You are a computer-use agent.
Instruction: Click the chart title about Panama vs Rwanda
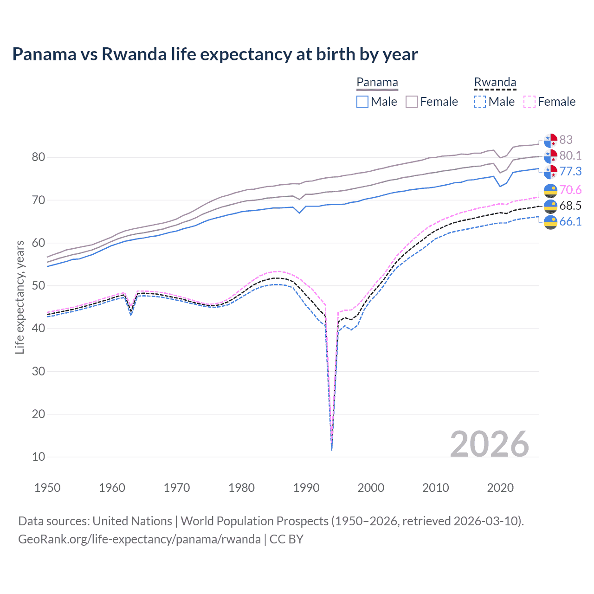[215, 54]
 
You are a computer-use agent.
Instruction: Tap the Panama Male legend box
[362, 102]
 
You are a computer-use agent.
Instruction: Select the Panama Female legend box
[412, 102]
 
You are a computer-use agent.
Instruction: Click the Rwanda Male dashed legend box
[480, 102]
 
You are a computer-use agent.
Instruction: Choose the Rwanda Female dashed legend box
[529, 102]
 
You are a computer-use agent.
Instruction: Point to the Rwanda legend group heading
[495, 83]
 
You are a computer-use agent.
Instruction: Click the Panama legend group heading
[377, 83]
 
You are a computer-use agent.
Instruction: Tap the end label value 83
[566, 140]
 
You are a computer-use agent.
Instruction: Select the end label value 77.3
[570, 171]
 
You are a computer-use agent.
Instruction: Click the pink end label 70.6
[570, 190]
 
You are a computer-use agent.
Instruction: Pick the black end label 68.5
[570, 206]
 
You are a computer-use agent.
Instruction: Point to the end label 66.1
[570, 221]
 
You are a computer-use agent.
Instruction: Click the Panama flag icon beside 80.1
[550, 156]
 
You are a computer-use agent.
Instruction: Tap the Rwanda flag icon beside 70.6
[550, 190]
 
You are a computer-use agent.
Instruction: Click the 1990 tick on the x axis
[306, 488]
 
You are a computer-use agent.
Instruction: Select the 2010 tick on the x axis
[435, 488]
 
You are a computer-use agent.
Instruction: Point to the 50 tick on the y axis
[39, 286]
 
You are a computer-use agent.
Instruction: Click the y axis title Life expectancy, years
[19, 297]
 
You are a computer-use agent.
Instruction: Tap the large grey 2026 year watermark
[489, 444]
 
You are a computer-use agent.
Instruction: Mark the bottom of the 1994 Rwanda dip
[331, 450]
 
